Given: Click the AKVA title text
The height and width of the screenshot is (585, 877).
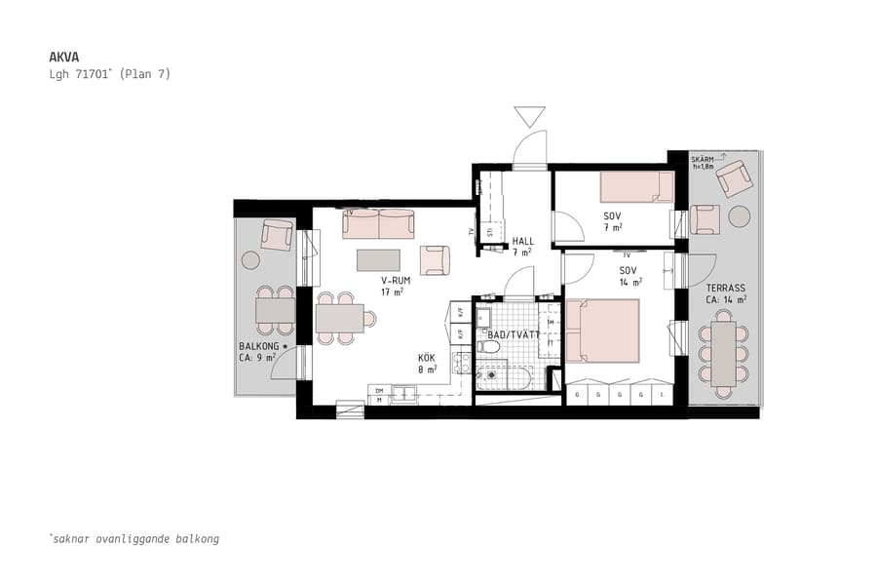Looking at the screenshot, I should (x=64, y=57).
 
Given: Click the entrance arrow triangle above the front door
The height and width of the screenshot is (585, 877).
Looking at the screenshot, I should (x=530, y=116).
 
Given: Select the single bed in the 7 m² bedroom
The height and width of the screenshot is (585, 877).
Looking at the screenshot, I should (x=635, y=187).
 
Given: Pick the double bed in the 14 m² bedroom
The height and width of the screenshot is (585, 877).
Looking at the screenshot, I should (x=602, y=330).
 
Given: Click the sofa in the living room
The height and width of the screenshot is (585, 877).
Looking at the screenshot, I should (x=378, y=223).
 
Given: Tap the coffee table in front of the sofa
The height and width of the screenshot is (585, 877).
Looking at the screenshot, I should (x=378, y=260).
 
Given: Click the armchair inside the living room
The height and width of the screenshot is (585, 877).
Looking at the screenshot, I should (x=435, y=260).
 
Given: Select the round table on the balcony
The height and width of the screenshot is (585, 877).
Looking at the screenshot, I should (x=251, y=260).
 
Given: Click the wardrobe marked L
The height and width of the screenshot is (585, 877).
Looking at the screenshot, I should (x=663, y=396).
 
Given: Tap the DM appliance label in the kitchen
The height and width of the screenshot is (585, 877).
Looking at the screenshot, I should (x=379, y=391).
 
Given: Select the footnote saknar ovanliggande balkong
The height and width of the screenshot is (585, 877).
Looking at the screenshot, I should (x=133, y=538).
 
